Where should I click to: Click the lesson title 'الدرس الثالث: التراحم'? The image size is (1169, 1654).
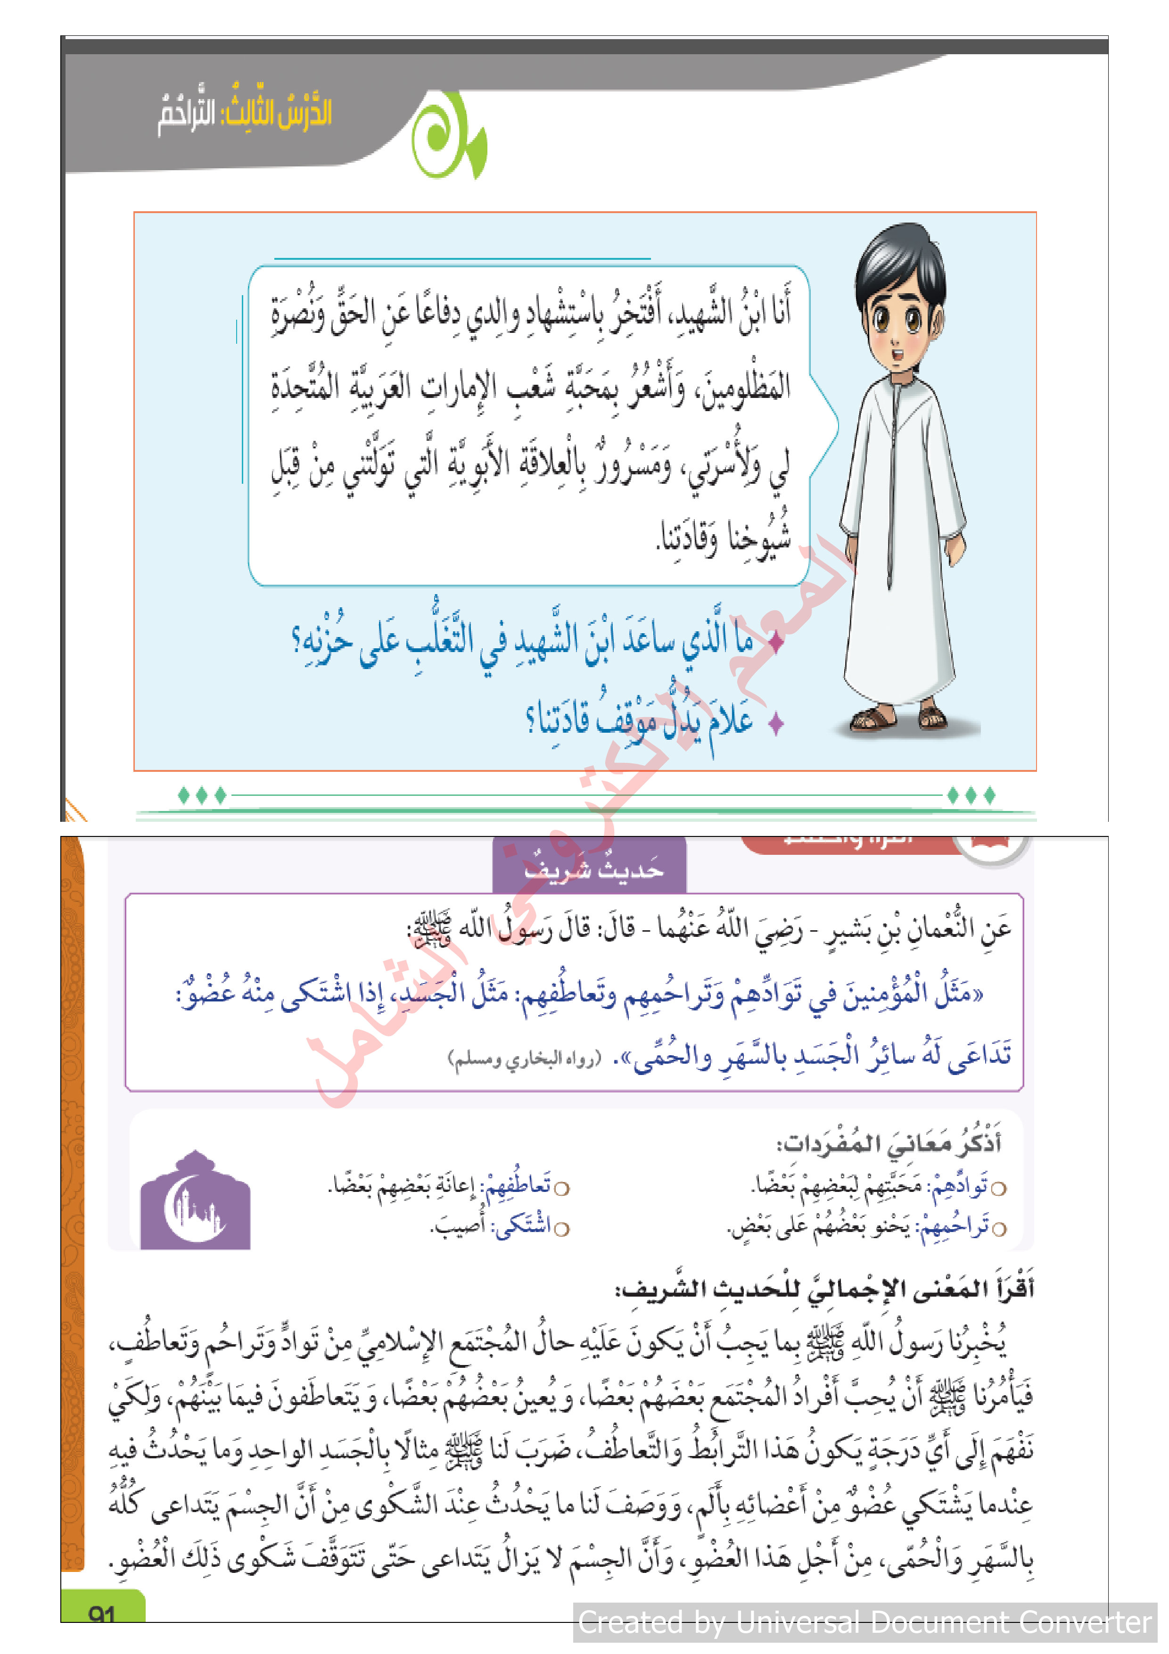click(x=245, y=114)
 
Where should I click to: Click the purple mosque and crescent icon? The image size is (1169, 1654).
click(x=195, y=1201)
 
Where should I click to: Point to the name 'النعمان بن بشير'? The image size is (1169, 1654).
click(x=918, y=928)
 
